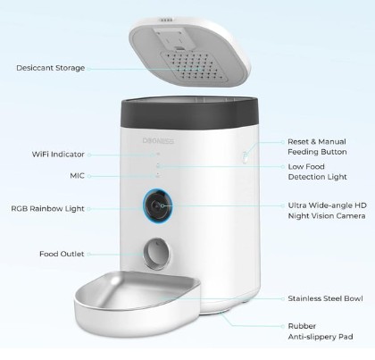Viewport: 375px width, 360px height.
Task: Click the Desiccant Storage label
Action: pyautogui.click(x=51, y=68)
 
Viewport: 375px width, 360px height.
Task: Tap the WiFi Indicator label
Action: pyautogui.click(x=58, y=155)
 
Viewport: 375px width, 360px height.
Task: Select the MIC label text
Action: pyautogui.click(x=78, y=176)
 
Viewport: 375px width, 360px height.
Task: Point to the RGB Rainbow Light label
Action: pyautogui.click(x=48, y=208)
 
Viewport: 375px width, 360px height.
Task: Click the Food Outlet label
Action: pyautogui.click(x=62, y=254)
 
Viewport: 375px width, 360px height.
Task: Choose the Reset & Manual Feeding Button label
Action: pyautogui.click(x=317, y=147)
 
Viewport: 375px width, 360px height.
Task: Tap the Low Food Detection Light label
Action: pyautogui.click(x=318, y=172)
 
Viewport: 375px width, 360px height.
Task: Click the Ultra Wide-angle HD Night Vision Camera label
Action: pyautogui.click(x=327, y=211)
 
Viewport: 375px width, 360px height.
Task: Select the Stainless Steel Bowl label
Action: pyautogui.click(x=325, y=298)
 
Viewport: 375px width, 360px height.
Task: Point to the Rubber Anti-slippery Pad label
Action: pyautogui.click(x=321, y=331)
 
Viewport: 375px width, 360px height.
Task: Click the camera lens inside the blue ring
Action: pyautogui.click(x=156, y=205)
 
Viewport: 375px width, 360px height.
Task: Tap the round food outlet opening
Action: pyautogui.click(x=157, y=254)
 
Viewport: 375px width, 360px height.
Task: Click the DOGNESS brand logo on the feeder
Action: pyautogui.click(x=158, y=140)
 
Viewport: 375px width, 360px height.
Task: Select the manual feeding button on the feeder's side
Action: pyautogui.click(x=245, y=156)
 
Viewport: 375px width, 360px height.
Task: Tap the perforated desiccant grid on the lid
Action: pyautogui.click(x=195, y=67)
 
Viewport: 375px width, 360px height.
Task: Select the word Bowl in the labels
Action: pyautogui.click(x=354, y=298)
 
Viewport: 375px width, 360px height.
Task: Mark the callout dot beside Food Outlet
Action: pyautogui.click(x=89, y=255)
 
